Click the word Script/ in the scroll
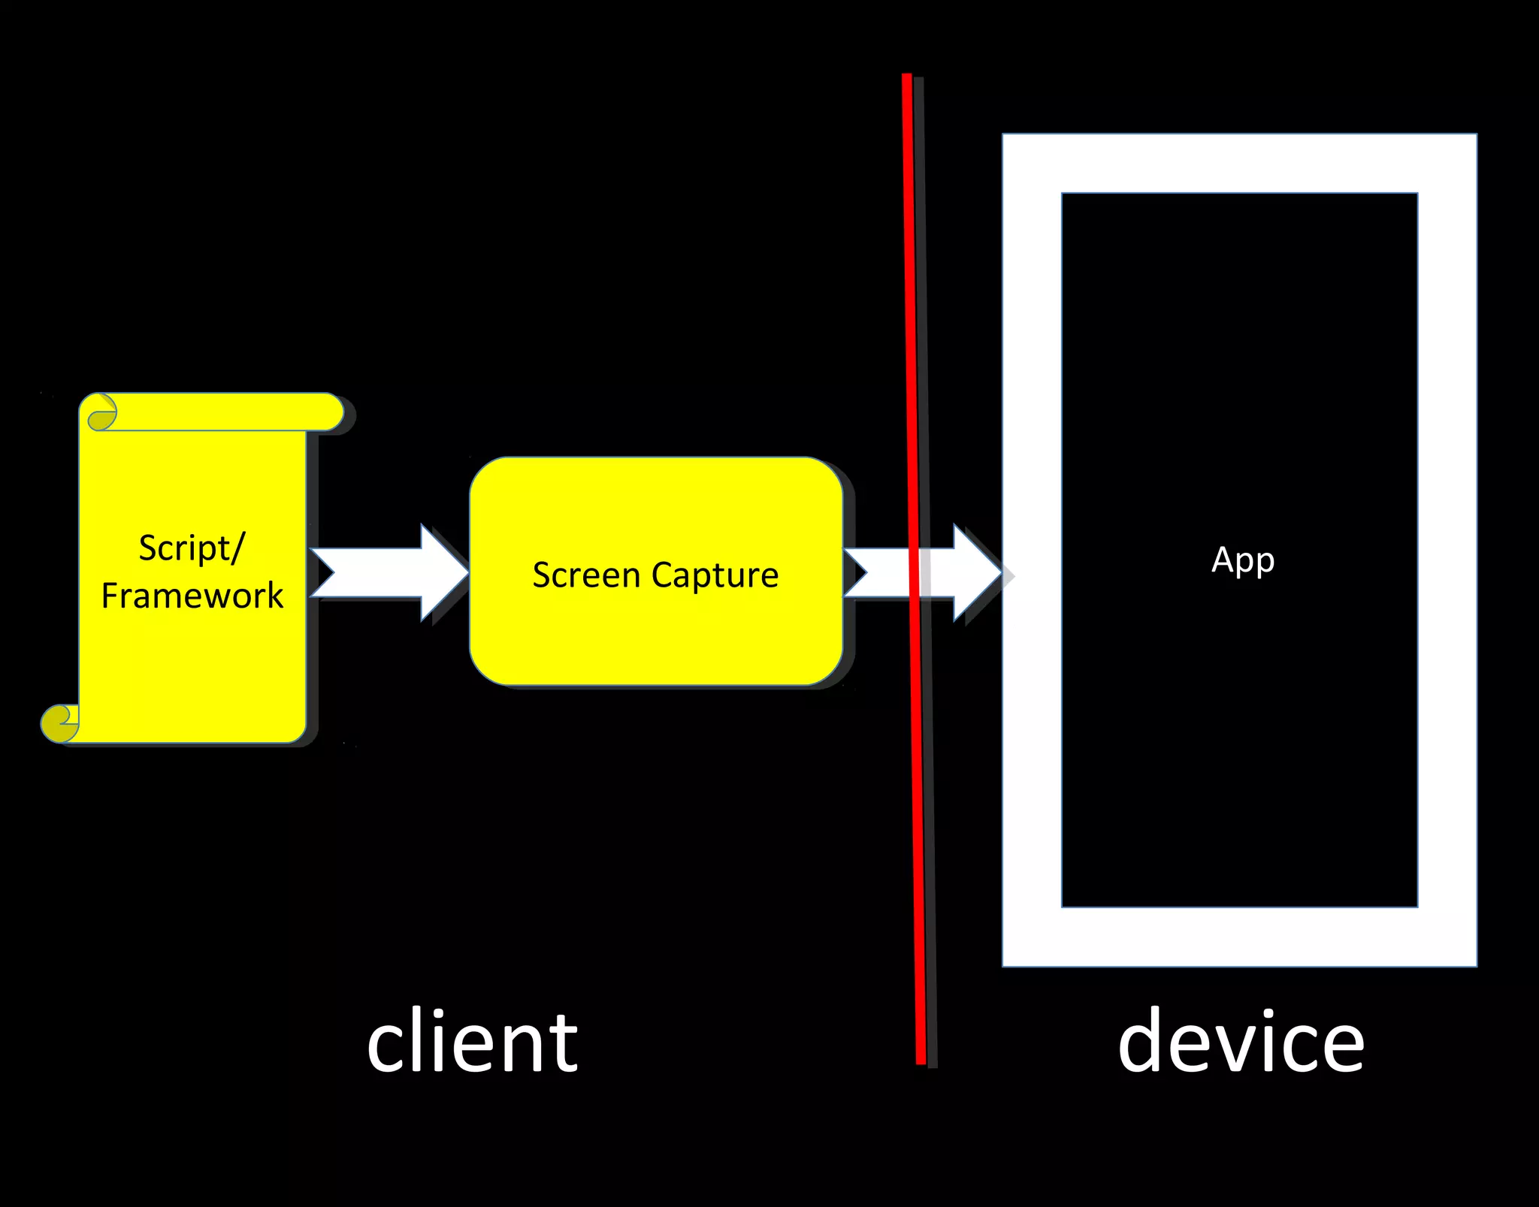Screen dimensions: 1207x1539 tap(191, 548)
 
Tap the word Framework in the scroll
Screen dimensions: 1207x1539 tap(192, 596)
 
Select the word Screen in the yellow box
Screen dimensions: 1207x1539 tap(585, 575)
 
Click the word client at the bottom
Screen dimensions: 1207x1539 tap(472, 1043)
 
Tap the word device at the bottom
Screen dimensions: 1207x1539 tap(1241, 1043)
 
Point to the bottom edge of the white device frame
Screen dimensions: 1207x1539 tap(1239, 937)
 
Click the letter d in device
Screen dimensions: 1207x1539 tap(1144, 1040)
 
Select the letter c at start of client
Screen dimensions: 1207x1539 tap(384, 1048)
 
